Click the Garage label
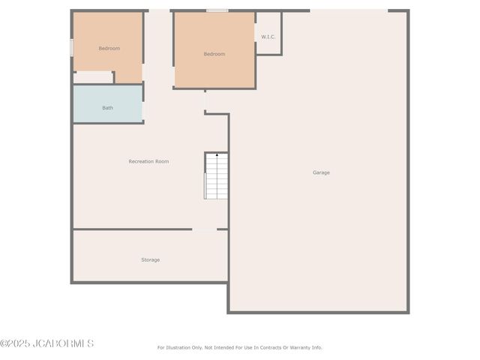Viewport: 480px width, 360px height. pos(321,172)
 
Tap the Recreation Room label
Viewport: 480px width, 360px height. pos(148,161)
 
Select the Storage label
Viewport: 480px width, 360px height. pos(151,259)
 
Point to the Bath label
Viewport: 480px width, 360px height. pos(108,108)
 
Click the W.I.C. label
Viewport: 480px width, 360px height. pos(268,36)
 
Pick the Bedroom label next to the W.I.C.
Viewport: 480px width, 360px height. pos(214,54)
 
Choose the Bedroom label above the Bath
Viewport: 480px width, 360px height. pos(109,48)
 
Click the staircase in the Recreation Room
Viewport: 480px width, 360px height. pos(217,177)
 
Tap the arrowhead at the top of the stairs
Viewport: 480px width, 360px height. pos(217,154)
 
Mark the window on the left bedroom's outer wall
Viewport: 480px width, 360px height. pos(72,47)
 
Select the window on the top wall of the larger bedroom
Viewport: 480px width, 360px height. pos(217,10)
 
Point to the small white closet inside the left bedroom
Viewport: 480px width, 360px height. pos(93,77)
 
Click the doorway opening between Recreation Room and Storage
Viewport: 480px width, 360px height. pos(205,229)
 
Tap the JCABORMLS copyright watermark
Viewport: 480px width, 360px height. pos(47,343)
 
